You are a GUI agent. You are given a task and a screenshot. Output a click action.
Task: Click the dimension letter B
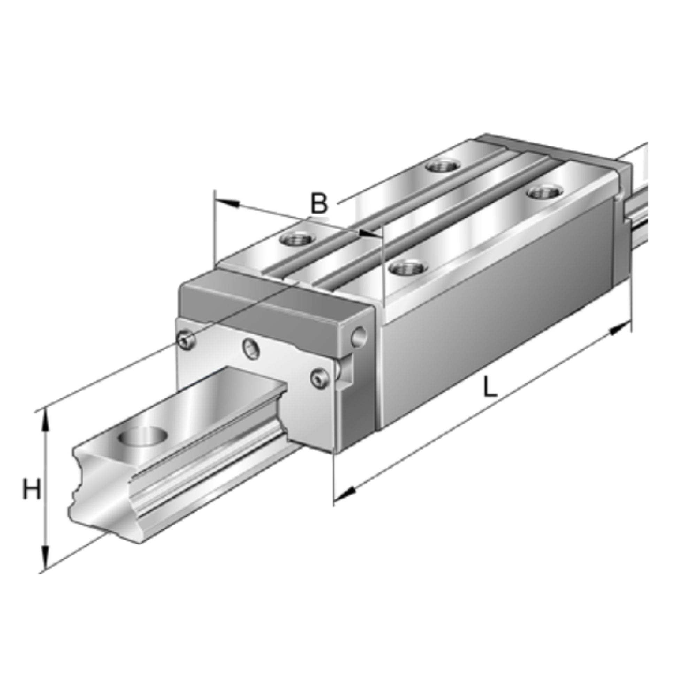coord(319,203)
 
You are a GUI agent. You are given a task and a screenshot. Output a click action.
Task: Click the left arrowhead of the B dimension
coord(227,203)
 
